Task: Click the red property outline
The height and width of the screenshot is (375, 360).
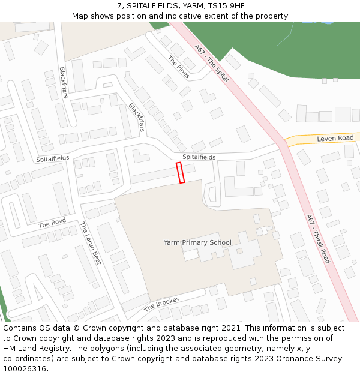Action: coord(180,173)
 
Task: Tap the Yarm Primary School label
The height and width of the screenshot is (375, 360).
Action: coord(197,242)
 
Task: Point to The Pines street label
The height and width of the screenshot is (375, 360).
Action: coord(178,67)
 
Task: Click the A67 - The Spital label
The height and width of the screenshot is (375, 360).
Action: coord(211,63)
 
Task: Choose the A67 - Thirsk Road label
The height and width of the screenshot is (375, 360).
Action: coord(318,239)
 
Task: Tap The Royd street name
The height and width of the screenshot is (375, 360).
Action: coord(52,223)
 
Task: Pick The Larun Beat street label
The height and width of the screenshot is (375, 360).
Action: coord(91,243)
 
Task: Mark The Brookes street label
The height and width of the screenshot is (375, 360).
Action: coord(161,305)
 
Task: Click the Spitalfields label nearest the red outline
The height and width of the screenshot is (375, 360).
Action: coord(199,157)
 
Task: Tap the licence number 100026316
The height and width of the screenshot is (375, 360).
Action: coord(25,368)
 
